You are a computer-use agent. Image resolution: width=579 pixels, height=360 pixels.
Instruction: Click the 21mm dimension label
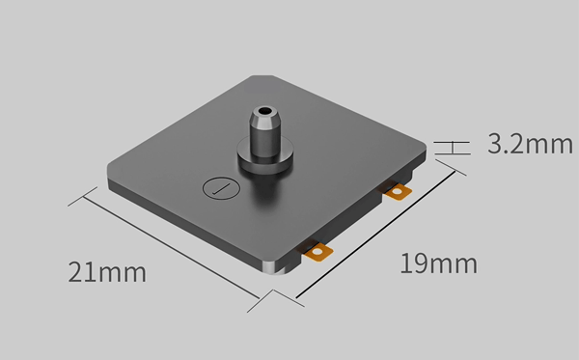click(x=107, y=272)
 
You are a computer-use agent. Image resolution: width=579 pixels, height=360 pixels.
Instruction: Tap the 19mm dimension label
click(x=439, y=263)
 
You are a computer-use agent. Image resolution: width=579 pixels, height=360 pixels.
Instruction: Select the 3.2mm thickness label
click(x=530, y=144)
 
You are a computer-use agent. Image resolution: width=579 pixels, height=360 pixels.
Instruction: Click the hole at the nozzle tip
click(x=264, y=110)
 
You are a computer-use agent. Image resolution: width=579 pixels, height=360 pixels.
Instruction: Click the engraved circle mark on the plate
click(x=221, y=188)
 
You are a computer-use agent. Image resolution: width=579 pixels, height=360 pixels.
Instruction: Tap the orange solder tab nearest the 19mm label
click(x=317, y=252)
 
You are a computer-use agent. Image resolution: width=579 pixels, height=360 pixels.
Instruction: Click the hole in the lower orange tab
click(x=317, y=253)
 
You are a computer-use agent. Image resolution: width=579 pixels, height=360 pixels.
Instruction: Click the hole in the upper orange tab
click(x=397, y=192)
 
